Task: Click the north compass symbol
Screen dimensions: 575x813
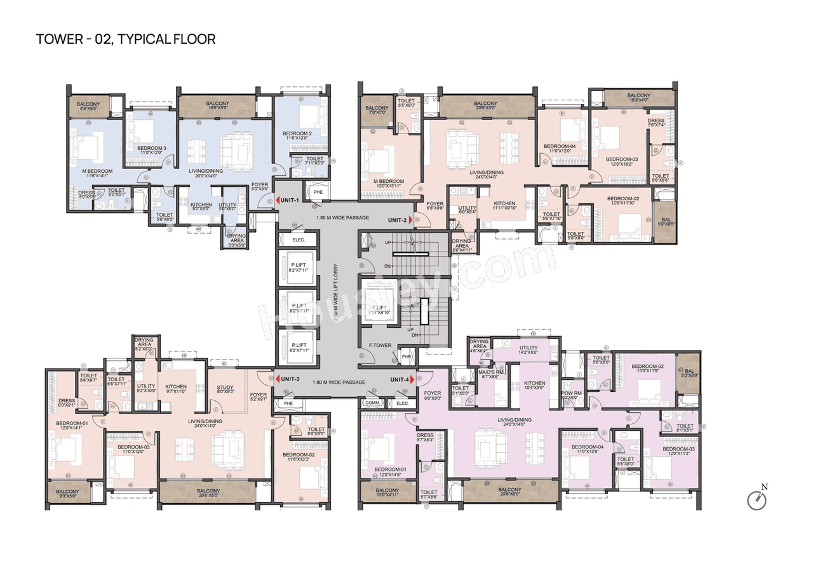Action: (x=757, y=499)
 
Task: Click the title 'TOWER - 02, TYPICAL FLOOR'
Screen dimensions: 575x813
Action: (x=126, y=39)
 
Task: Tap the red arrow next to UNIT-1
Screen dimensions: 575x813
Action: (x=278, y=201)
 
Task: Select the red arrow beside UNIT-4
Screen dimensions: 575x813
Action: (x=413, y=379)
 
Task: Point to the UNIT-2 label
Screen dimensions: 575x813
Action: (x=398, y=220)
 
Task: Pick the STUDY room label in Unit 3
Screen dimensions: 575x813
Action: (x=225, y=389)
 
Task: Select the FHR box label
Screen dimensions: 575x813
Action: (x=406, y=357)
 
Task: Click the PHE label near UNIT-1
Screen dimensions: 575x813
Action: (x=318, y=192)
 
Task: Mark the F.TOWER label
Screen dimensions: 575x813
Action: (x=380, y=346)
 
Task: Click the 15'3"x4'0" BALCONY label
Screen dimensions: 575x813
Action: (x=639, y=97)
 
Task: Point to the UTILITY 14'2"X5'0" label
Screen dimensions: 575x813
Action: (x=528, y=350)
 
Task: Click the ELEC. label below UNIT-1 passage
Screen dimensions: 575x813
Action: (x=299, y=240)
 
